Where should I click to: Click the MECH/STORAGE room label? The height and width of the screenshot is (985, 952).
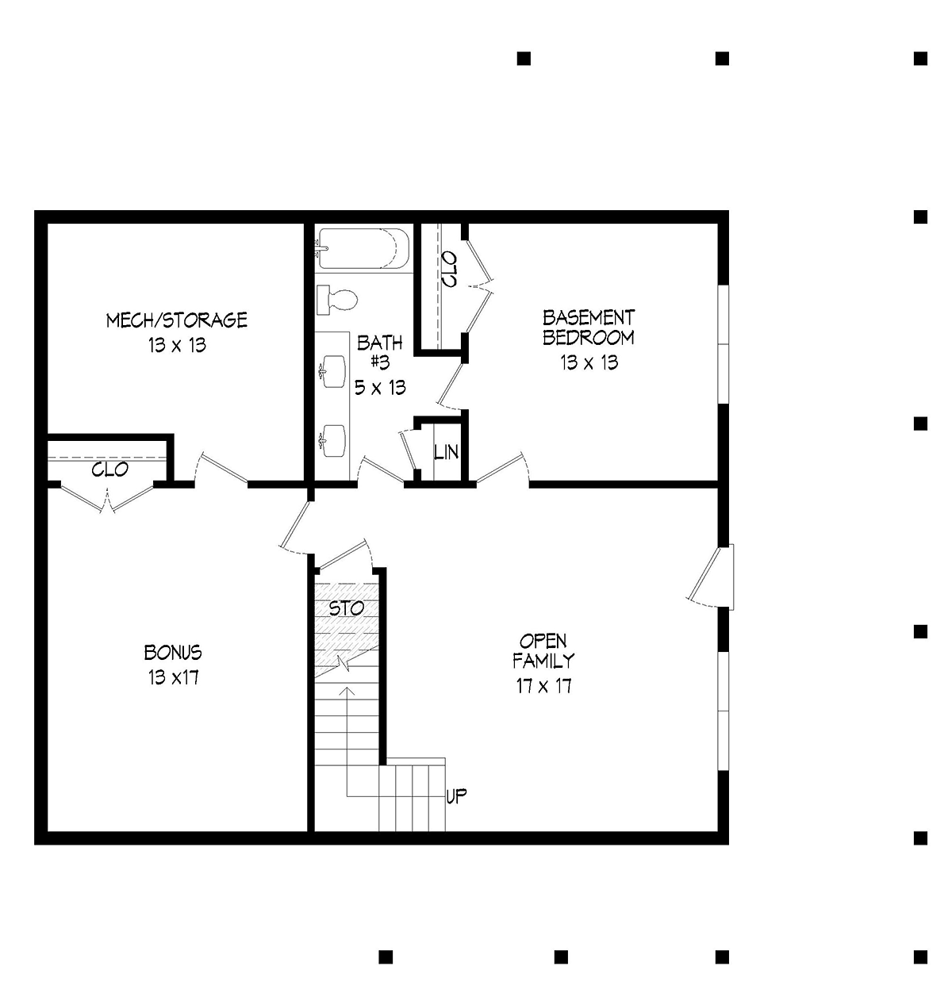point(177,320)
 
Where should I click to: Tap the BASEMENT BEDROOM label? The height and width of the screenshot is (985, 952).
point(589,328)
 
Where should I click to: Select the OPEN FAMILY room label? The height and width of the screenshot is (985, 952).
point(543,651)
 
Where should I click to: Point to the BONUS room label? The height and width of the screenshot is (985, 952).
point(173,653)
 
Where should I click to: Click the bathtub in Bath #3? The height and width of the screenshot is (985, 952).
point(363,248)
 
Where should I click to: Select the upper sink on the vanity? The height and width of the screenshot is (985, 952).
point(332,371)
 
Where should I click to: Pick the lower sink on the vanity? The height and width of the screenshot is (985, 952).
point(332,437)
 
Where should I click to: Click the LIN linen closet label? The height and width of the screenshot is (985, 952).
point(446,453)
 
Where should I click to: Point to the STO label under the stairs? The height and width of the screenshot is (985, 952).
point(347,608)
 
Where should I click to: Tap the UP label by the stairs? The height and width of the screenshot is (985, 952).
point(456,796)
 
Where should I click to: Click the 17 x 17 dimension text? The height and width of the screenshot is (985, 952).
point(544,686)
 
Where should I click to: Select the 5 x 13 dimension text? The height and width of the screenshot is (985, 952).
point(380,388)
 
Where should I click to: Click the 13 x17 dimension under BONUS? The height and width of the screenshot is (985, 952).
point(174,677)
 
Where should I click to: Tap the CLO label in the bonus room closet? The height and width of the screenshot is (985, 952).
point(110,470)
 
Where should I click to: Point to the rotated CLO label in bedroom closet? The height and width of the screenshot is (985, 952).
point(449,270)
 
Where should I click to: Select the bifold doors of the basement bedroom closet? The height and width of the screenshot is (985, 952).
point(479,286)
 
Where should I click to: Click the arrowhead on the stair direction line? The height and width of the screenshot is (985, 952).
point(347,692)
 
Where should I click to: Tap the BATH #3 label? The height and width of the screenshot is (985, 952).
point(380,352)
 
